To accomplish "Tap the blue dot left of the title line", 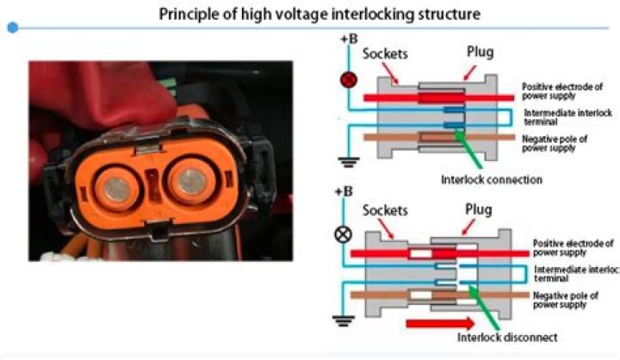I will pos(12,28).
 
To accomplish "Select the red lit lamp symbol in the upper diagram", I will pos(350,79).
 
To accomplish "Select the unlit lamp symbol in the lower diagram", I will pos(350,233).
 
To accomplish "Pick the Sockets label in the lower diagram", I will pos(385,209).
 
